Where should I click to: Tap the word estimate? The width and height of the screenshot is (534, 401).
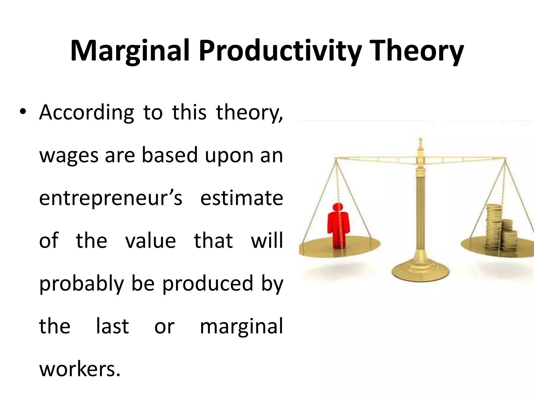[x=241, y=198]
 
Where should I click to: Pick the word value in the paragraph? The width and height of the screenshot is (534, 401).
[x=150, y=240]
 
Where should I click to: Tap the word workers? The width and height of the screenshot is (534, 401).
[x=80, y=369]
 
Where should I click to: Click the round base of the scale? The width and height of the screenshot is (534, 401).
[x=420, y=270]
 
